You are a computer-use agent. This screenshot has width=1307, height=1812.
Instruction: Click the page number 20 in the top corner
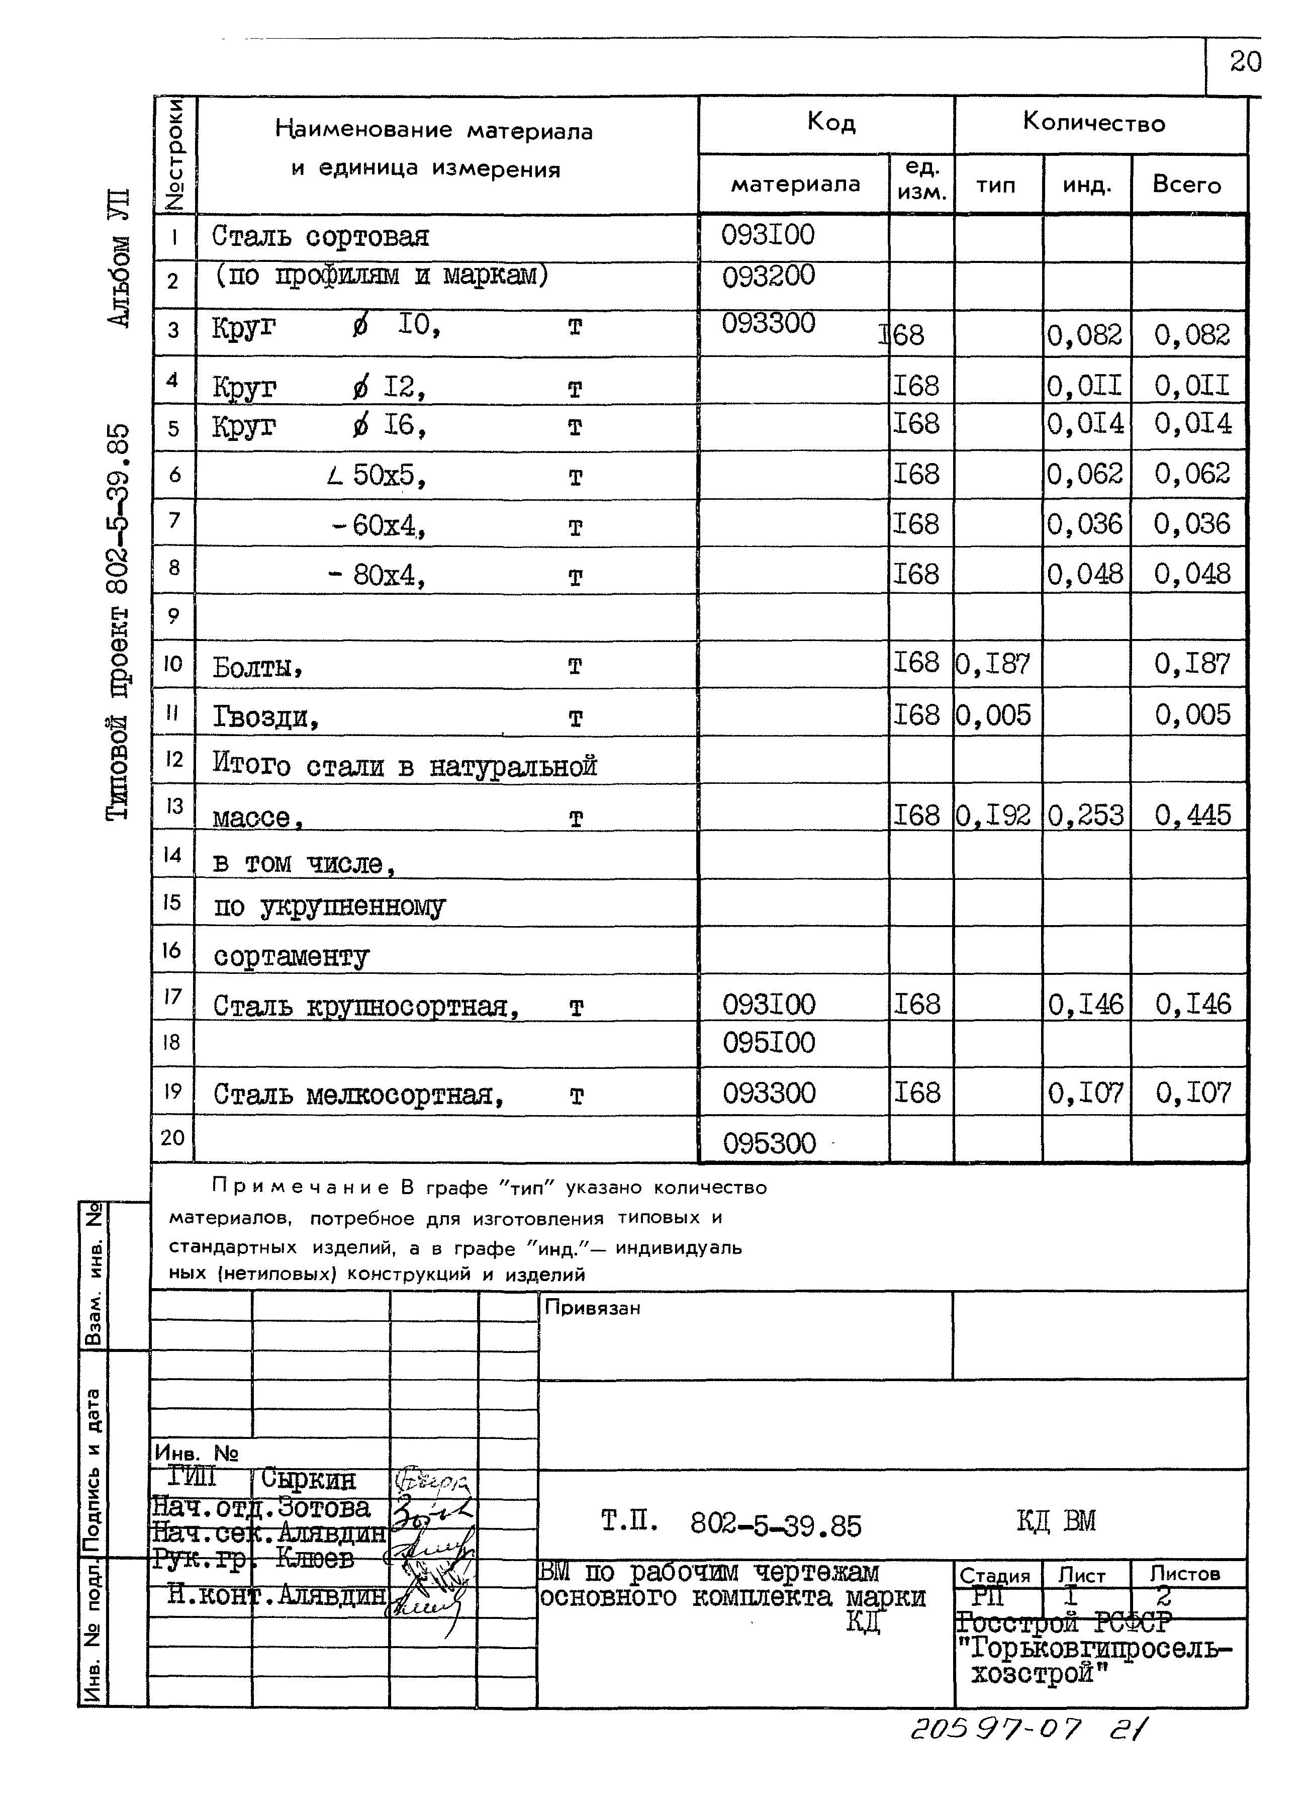(x=1245, y=62)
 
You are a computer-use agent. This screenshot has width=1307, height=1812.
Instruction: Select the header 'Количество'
(x=1094, y=123)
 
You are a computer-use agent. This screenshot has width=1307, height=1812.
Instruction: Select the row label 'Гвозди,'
(x=266, y=717)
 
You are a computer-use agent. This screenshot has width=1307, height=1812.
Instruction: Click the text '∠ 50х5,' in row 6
(x=376, y=476)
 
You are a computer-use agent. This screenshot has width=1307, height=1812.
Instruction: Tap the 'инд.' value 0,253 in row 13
(x=1085, y=815)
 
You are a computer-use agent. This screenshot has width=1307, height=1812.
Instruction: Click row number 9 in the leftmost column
(x=173, y=616)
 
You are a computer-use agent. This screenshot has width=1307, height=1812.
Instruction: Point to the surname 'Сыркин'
(x=308, y=1480)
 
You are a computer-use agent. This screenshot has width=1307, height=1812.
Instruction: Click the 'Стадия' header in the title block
(x=995, y=1576)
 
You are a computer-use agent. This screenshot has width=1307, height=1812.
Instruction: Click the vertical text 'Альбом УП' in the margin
(x=118, y=257)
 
